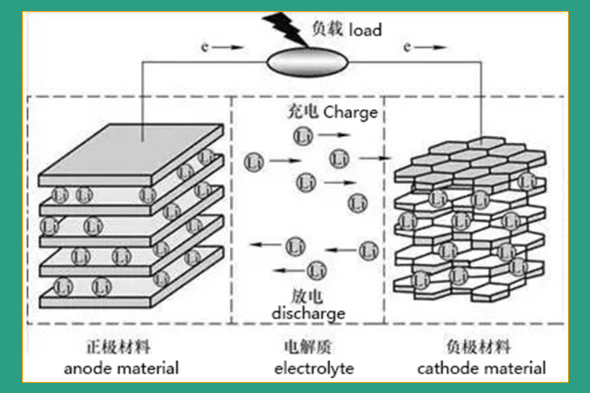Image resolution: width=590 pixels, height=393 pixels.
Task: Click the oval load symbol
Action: tap(308, 62)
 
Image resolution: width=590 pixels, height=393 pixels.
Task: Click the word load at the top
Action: tap(365, 30)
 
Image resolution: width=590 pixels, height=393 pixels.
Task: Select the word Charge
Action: tap(350, 112)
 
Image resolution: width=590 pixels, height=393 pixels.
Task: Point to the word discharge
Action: tap(308, 314)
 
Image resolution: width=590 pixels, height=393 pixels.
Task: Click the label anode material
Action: tap(121, 369)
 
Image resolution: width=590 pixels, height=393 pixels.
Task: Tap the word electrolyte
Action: tap(314, 369)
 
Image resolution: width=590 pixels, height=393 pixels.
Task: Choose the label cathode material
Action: tap(481, 369)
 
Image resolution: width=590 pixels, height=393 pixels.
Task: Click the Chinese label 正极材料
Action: tap(119, 347)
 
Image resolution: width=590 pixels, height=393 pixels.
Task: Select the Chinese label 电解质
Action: tap(308, 347)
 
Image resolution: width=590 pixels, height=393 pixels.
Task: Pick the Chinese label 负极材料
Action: tap(478, 347)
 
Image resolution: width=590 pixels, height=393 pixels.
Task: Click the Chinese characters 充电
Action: tap(304, 112)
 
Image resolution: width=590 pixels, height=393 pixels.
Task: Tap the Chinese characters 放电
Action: tap(308, 296)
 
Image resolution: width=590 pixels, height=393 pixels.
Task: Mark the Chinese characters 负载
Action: tap(327, 29)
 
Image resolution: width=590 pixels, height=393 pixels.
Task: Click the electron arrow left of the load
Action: tap(223, 47)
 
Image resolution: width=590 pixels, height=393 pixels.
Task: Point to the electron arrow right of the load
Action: tap(425, 47)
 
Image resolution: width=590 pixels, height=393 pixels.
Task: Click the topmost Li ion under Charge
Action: tap(303, 136)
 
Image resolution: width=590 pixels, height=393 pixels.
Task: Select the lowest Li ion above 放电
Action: tap(317, 270)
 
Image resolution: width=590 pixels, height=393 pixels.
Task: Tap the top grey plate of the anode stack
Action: tap(131, 149)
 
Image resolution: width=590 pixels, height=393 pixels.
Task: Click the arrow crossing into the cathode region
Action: tap(374, 158)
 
